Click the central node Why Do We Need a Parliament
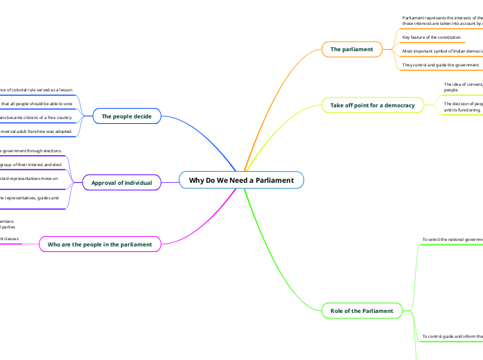241,181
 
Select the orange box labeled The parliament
351,49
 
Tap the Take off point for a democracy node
372,105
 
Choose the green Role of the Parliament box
362,311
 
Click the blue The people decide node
126,116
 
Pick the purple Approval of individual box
121,183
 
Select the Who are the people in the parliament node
100,244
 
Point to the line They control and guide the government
441,65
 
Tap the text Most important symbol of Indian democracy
442,51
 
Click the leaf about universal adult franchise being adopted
36,131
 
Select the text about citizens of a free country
36,118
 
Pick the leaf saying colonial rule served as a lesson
36,90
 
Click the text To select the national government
452,240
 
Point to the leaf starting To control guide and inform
452,336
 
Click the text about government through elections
31,150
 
